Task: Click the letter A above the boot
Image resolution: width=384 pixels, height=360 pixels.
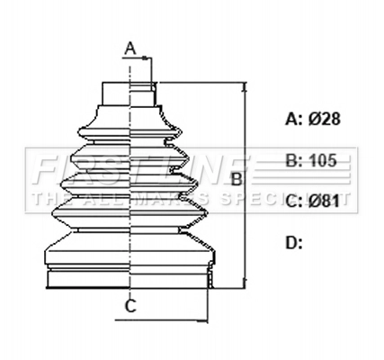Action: coord(129,48)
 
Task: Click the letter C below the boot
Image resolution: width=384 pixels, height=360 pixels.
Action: coord(130,306)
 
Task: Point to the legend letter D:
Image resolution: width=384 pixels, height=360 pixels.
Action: coord(293,241)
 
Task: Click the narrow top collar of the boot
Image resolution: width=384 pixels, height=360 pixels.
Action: coord(130,93)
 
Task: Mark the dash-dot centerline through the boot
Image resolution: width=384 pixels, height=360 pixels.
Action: coord(131,180)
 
